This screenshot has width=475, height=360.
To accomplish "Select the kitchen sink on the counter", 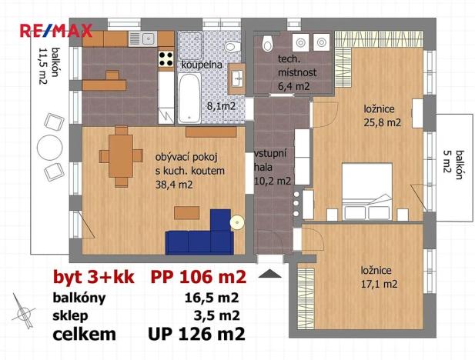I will click(145, 38).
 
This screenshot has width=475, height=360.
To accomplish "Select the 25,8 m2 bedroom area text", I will click(382, 122).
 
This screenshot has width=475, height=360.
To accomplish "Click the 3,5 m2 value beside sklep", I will click(219, 315).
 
